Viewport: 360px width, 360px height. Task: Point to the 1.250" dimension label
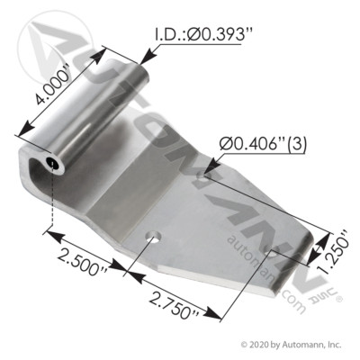tap(327, 241)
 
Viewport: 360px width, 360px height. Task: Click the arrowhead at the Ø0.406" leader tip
tap(207, 166)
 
